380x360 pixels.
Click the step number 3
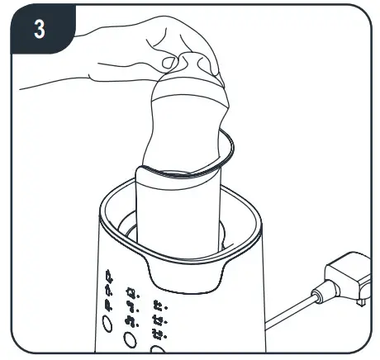coord(38,30)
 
